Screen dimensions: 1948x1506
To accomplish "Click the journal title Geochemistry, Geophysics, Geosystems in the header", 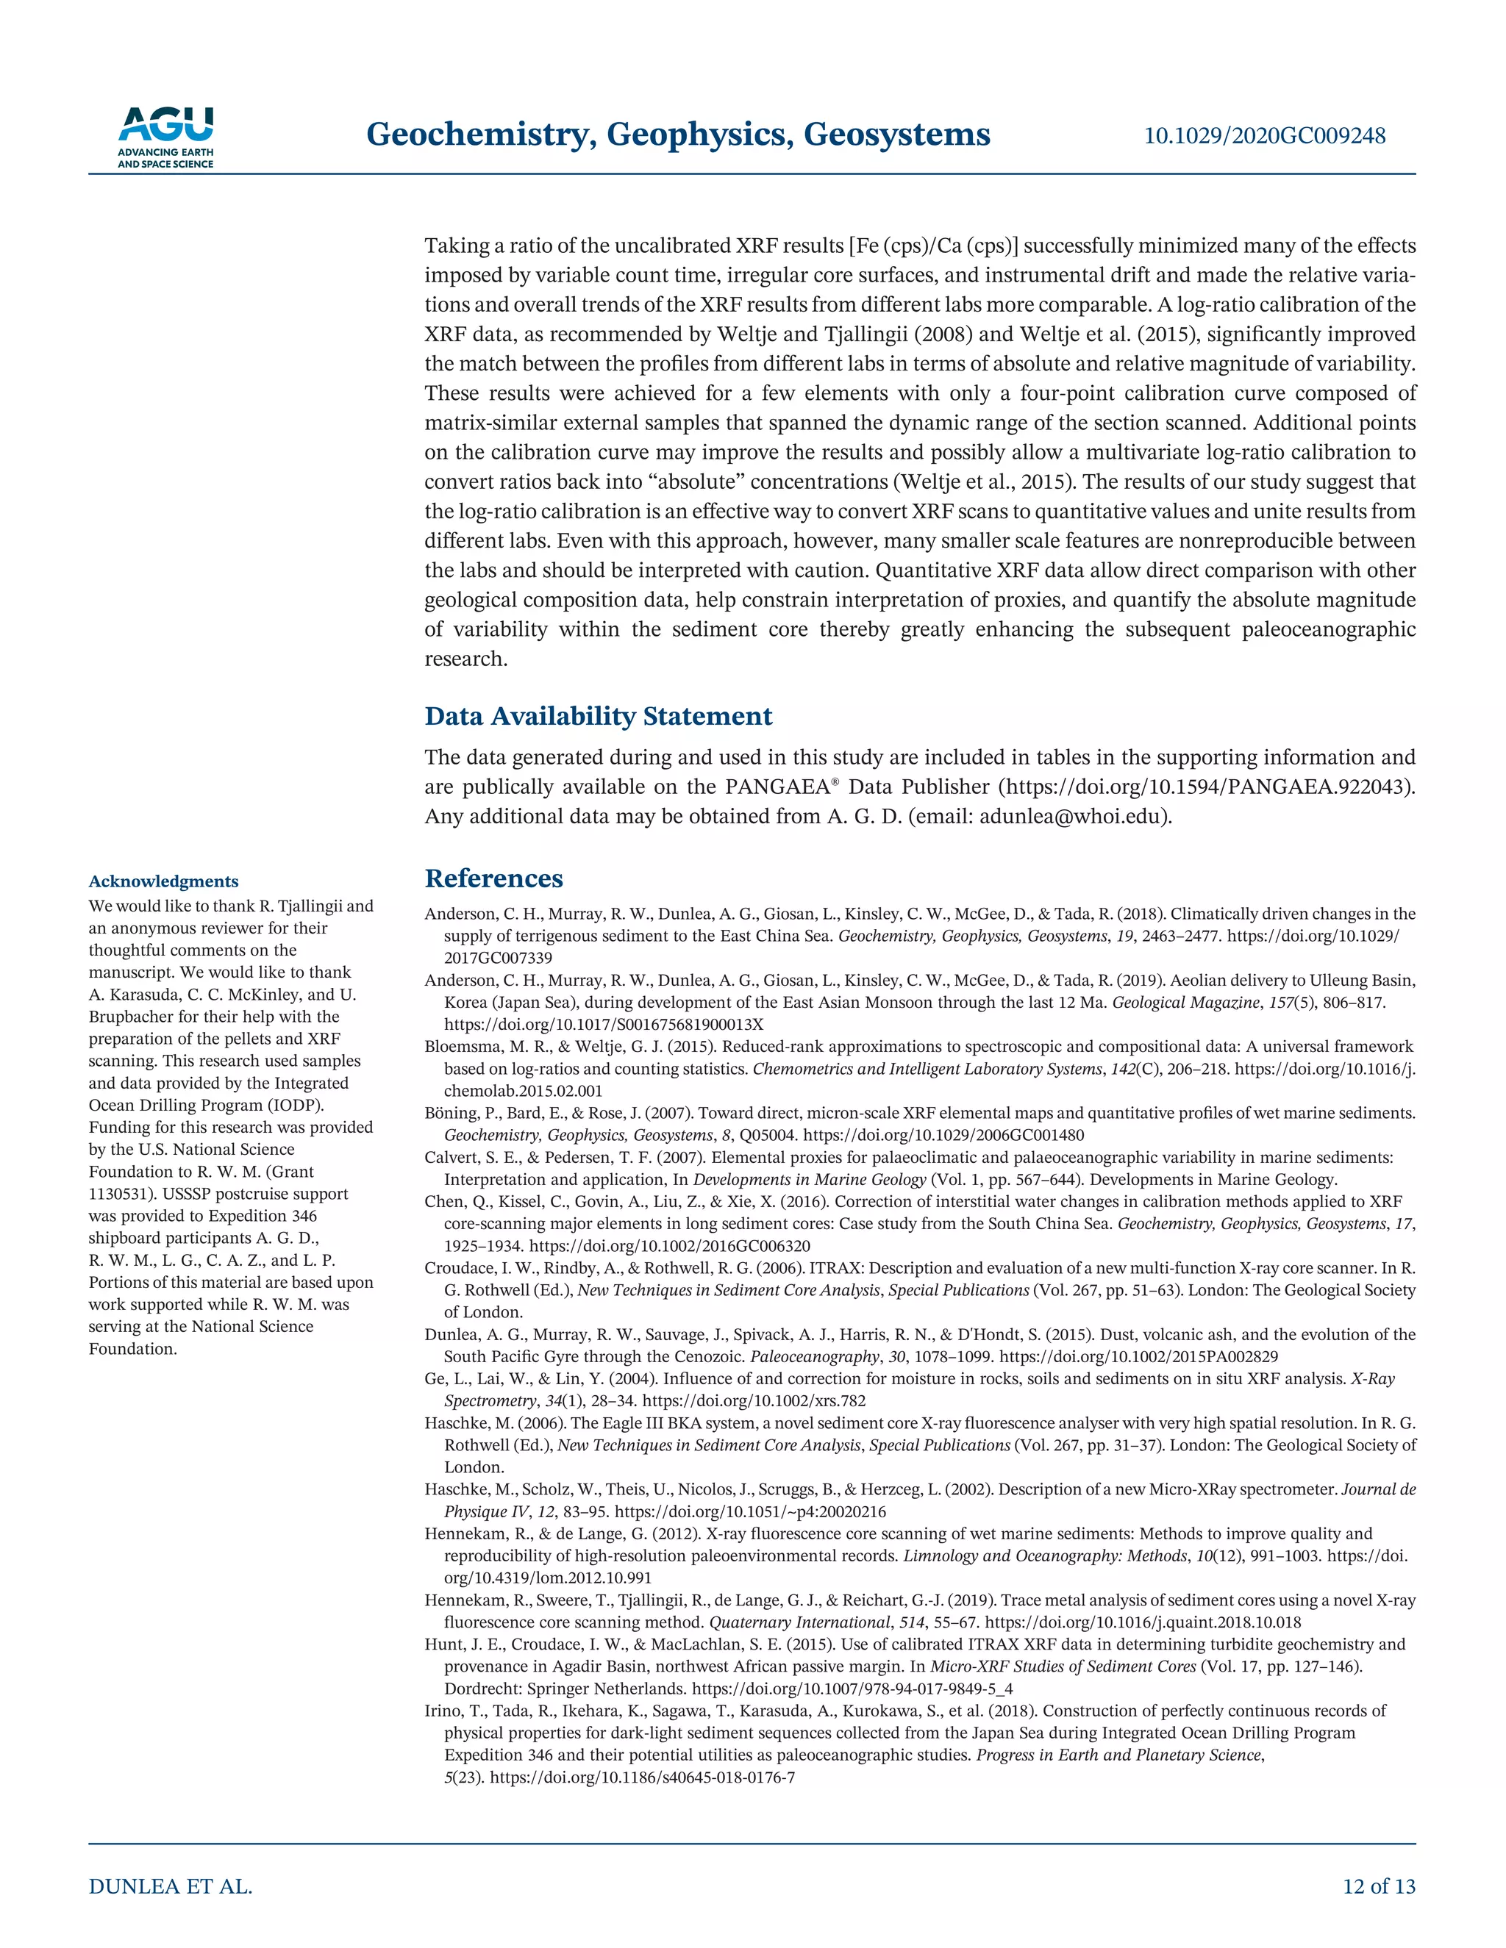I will [678, 135].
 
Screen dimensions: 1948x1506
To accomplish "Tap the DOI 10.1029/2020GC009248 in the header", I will [1264, 135].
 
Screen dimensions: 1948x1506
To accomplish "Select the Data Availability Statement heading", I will [599, 716].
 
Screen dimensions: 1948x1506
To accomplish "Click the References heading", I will [493, 878].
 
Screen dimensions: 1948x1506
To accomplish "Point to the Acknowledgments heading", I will [163, 881].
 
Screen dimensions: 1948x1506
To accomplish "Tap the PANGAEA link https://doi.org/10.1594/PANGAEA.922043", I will [1205, 787].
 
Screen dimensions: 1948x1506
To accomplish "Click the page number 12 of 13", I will [1379, 1886].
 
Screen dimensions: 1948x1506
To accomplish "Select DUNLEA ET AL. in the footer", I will [171, 1886].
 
